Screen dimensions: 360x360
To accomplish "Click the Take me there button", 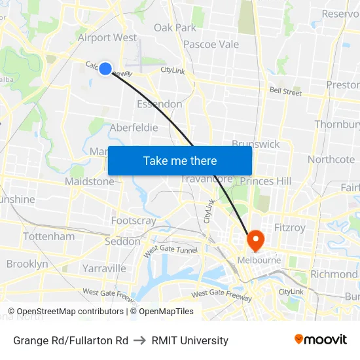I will pyautogui.click(x=180, y=160).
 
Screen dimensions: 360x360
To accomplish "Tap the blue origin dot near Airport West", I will pyautogui.click(x=105, y=68).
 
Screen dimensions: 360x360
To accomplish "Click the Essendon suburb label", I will pyautogui.click(x=159, y=104).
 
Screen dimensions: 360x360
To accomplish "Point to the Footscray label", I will pyautogui.click(x=134, y=221).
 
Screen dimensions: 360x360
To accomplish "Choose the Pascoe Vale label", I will pyautogui.click(x=211, y=45).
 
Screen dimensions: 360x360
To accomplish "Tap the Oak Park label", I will pyautogui.click(x=175, y=27).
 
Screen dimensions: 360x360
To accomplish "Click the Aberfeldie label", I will pyautogui.click(x=134, y=128).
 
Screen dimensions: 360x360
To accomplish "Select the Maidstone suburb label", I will pyautogui.click(x=89, y=181).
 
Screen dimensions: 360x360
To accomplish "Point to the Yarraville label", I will pyautogui.click(x=104, y=268).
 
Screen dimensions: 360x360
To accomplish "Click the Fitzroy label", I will pyautogui.click(x=290, y=228).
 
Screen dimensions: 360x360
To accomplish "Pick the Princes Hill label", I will pyautogui.click(x=265, y=181).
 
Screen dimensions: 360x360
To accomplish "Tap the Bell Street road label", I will pyautogui.click(x=286, y=92).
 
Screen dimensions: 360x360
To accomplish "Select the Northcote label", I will pyautogui.click(x=331, y=159).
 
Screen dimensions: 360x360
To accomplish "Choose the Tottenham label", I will pyautogui.click(x=48, y=236).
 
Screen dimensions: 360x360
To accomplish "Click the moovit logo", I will pyautogui.click(x=321, y=340).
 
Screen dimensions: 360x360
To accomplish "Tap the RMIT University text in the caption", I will pyautogui.click(x=190, y=340).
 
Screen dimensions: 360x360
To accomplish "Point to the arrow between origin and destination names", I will pyautogui.click(x=139, y=340).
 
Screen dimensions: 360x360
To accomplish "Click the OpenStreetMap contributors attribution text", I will pyautogui.click(x=70, y=312).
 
